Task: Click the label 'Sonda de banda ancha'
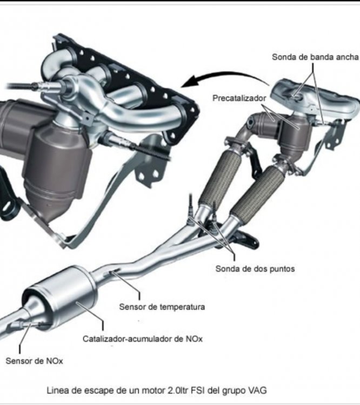315,57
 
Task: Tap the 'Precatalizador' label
239,98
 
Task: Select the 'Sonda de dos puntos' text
255,269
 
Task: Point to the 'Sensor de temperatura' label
162,307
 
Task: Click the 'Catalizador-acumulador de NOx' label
143,339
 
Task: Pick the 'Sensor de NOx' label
34,361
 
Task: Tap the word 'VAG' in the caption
257,390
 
